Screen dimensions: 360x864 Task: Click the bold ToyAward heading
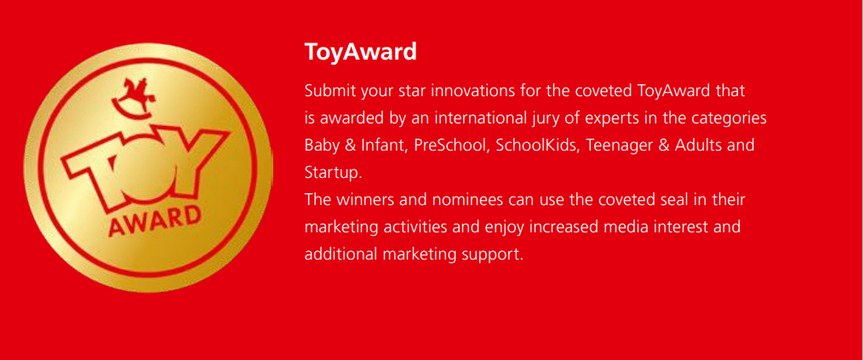pos(360,52)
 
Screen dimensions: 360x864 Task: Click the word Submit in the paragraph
pos(328,90)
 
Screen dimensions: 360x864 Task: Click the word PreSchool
pos(448,145)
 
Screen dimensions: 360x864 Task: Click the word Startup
pos(331,173)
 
